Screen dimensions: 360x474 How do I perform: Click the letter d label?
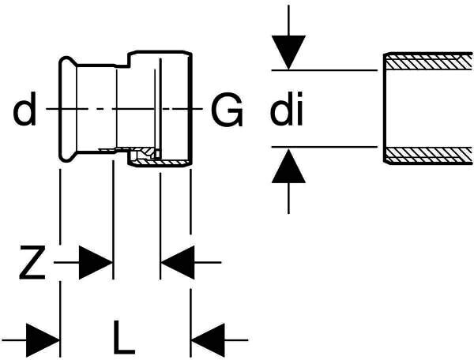coord(25,112)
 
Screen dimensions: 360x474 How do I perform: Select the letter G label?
coord(227,112)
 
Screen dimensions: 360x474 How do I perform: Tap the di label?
coord(287,112)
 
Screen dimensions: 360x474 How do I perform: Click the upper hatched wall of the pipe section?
coord(427,60)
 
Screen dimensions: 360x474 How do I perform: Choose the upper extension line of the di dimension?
coord(324,70)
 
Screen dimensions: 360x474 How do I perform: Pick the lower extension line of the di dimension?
coord(324,146)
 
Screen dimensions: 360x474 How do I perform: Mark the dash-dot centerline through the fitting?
coord(118,107)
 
